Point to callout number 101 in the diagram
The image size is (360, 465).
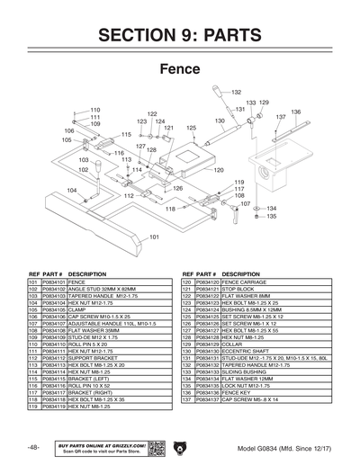coord(154,237)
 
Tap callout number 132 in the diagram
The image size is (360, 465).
coord(236,93)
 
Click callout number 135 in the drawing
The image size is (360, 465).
coord(271,217)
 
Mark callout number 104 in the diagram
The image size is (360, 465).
coord(71,190)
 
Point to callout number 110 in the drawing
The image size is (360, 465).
coord(94,110)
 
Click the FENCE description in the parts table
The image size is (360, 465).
coord(77,282)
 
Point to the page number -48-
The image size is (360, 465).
coord(33,447)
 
